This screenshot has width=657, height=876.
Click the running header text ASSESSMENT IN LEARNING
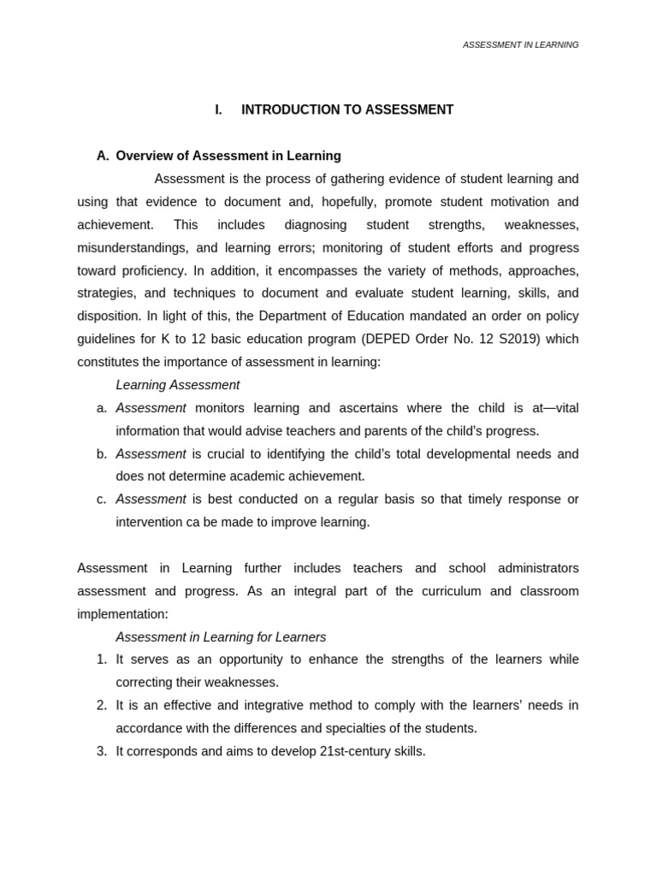[520, 44]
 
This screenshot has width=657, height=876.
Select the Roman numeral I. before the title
[218, 109]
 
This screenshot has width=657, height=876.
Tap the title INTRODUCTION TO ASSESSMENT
[347, 109]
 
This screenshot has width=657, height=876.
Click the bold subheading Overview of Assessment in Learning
[228, 156]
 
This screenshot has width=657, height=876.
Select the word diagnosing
[316, 225]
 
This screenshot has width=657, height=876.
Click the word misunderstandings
[132, 248]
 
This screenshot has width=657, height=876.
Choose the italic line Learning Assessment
[178, 385]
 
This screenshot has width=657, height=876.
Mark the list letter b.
[102, 454]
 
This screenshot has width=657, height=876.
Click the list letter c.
[102, 500]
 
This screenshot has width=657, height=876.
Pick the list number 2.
[102, 706]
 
